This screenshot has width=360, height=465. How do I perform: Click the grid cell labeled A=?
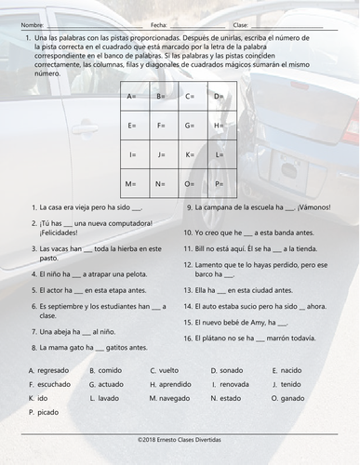coord(136,96)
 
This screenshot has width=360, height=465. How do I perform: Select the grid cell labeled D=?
coord(220,96)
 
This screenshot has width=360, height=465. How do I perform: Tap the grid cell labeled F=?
coord(164,125)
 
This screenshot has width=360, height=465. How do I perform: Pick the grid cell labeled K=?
coord(192,154)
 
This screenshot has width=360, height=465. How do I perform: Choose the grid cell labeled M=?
coord(136,183)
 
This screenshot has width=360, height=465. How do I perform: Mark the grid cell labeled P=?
coord(220,183)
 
